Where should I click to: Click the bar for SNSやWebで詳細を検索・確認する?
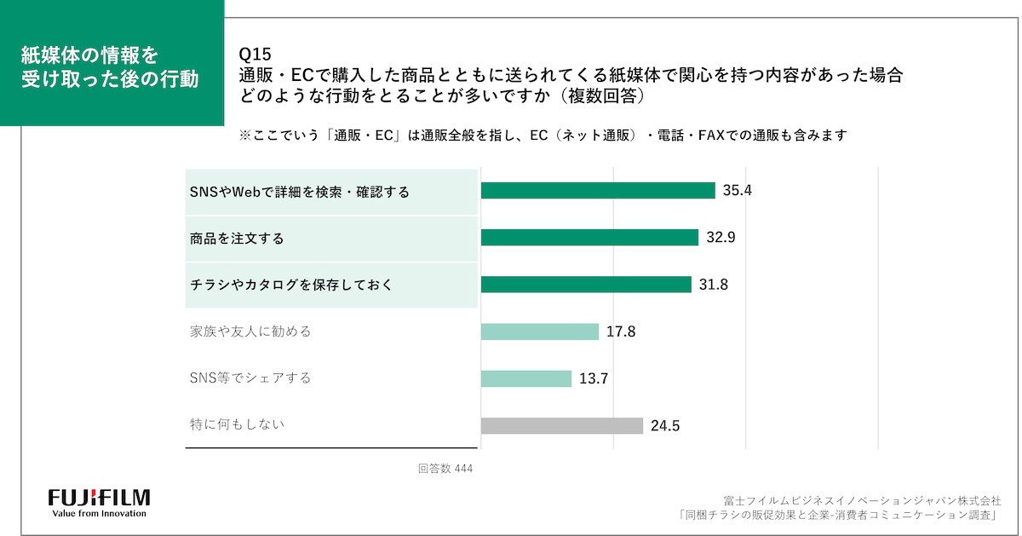coord(597,191)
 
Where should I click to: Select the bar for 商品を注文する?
coord(589,238)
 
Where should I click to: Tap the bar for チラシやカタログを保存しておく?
coord(586,285)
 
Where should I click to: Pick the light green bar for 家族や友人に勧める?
coord(540,331)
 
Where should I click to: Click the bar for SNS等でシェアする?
coord(525,378)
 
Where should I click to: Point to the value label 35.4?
coord(738,191)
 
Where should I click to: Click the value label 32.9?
coord(721,238)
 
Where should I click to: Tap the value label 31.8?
coord(714,285)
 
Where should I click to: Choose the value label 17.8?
coord(621,331)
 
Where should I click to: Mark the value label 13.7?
coord(594,378)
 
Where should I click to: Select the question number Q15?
coord(255,57)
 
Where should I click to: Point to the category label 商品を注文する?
coord(237,239)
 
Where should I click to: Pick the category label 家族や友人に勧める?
coord(250,331)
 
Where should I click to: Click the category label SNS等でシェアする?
coord(250,378)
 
